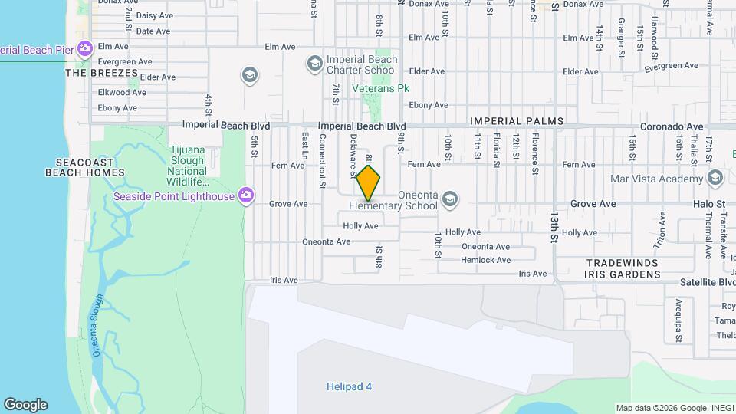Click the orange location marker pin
(369, 183)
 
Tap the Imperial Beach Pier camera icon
(84, 49)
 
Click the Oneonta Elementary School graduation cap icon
(450, 199)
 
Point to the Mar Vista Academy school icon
(715, 179)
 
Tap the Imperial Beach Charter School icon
(314, 63)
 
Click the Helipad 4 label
(348, 386)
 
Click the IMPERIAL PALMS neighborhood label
(516, 121)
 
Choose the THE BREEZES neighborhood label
(101, 74)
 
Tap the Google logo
(25, 405)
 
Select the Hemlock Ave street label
(485, 260)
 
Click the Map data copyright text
(674, 408)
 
